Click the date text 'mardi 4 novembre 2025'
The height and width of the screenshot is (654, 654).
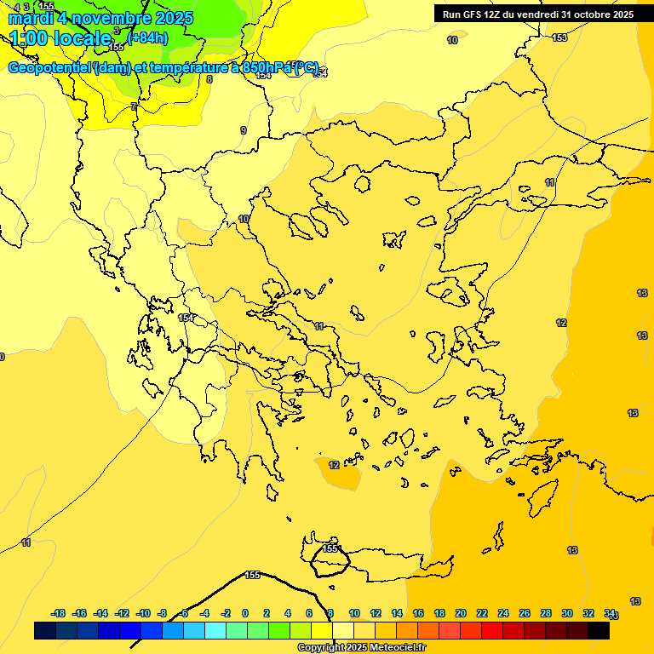click(x=100, y=18)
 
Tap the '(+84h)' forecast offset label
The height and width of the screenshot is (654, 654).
click(x=147, y=37)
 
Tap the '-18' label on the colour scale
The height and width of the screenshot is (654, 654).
click(x=58, y=613)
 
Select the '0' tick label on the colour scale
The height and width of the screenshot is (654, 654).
click(x=245, y=613)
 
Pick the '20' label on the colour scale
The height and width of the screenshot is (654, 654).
click(x=461, y=613)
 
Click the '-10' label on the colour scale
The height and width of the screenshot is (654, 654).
click(x=143, y=613)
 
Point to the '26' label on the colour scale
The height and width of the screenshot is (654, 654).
click(x=525, y=613)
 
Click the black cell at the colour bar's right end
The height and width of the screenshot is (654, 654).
click(x=599, y=631)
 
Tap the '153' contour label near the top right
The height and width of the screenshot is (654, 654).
click(x=559, y=37)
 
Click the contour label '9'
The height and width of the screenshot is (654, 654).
click(x=243, y=130)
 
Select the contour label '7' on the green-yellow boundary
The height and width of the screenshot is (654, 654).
click(x=134, y=106)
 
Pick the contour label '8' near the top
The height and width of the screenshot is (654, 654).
click(x=209, y=79)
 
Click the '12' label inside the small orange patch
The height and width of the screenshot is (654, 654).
click(x=334, y=465)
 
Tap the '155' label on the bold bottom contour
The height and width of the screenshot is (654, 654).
click(x=252, y=575)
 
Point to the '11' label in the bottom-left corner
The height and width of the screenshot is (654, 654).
click(x=26, y=542)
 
